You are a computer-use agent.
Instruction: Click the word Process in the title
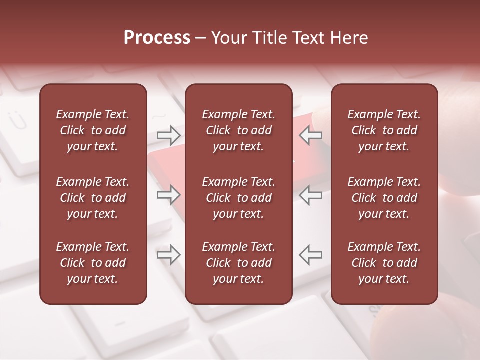[157, 38]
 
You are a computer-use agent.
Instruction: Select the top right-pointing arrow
[168, 135]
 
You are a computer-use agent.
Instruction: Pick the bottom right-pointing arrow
[168, 255]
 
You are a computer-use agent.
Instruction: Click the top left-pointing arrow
[311, 135]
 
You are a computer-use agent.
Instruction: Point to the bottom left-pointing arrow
[311, 255]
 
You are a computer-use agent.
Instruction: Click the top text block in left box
[93, 130]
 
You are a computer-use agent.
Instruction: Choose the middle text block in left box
[93, 198]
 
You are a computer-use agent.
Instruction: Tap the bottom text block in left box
[93, 263]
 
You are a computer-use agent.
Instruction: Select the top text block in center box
[238, 130]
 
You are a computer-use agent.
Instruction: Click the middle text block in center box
[238, 198]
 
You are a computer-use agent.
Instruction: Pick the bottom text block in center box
[238, 263]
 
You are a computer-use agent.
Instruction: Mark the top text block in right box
[384, 130]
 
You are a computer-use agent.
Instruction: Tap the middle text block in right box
[384, 198]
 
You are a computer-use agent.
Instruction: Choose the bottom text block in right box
[384, 263]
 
